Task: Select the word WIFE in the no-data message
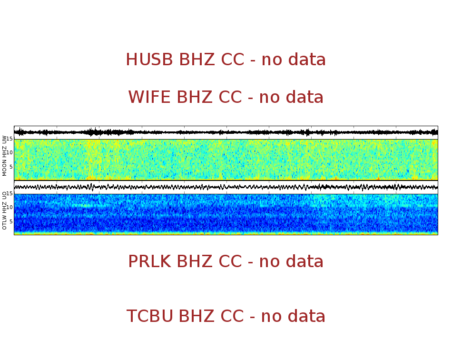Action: pos(149,98)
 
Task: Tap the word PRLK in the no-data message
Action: pos(149,262)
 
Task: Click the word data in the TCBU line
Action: pos(305,317)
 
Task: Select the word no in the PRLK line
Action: pos(269,262)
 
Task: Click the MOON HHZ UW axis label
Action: pos(5,156)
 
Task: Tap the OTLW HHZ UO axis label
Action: pos(5,210)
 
